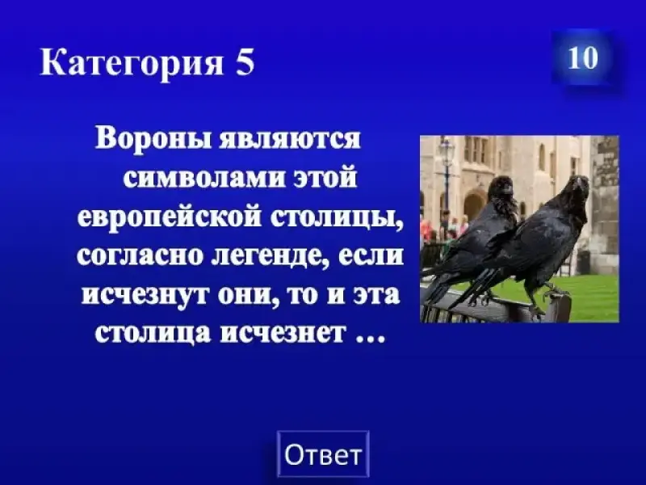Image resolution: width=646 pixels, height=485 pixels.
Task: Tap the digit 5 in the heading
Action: tap(245, 62)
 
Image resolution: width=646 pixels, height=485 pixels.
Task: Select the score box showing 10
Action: tap(582, 57)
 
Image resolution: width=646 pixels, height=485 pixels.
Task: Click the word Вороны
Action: tap(155, 139)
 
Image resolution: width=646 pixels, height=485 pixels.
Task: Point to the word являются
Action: tap(291, 139)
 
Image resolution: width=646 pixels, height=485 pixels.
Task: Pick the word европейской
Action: tap(170, 216)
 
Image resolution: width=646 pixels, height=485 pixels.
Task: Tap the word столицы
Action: tap(336, 217)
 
